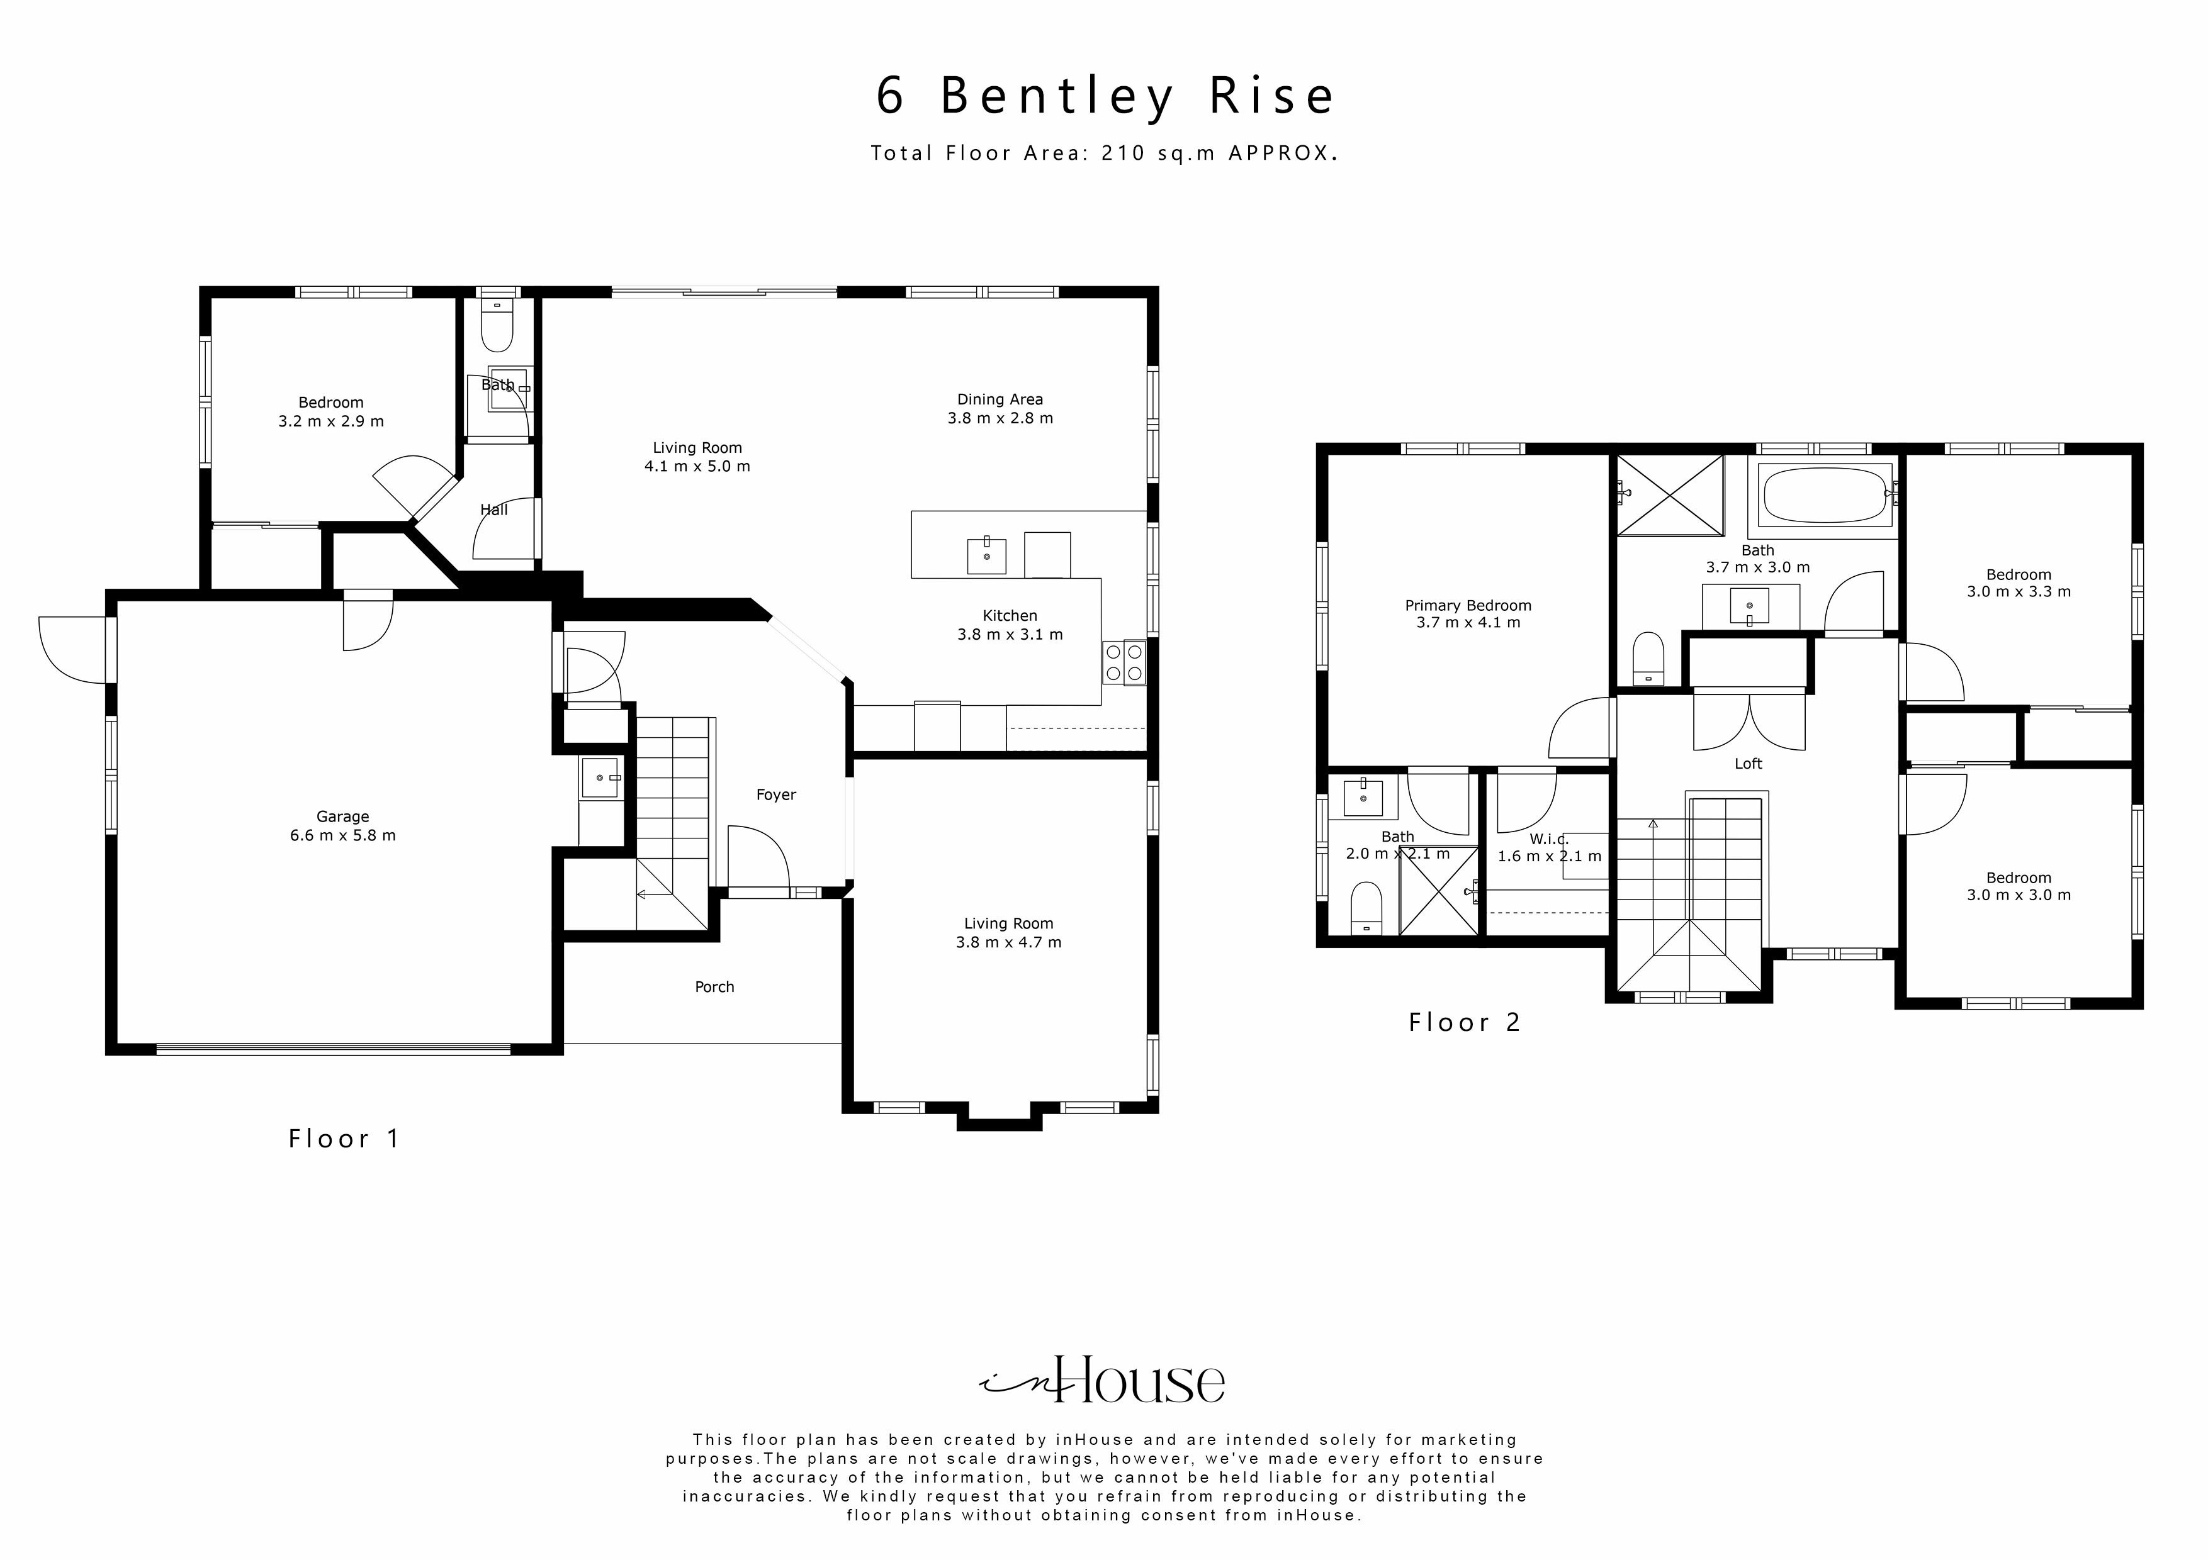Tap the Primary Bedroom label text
tap(1468, 606)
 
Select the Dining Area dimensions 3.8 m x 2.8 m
tap(1000, 418)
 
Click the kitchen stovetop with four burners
tap(1124, 662)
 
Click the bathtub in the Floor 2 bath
tap(1825, 495)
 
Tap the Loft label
tap(1747, 763)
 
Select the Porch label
tap(714, 987)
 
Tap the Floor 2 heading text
tap(1463, 1023)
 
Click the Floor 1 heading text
tap(343, 1139)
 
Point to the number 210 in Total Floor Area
tap(1124, 153)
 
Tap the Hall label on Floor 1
tap(493, 510)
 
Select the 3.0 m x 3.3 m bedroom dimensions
tap(2019, 592)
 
